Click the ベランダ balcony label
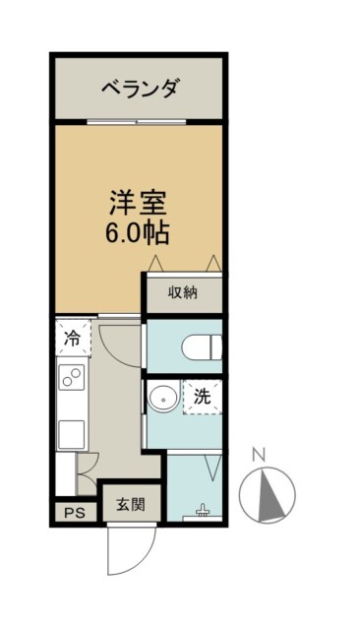tap(139, 88)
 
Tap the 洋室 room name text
tap(138, 203)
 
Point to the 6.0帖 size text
tap(138, 232)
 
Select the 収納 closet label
tap(183, 293)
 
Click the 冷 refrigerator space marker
tap(73, 339)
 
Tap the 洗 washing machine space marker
tap(203, 396)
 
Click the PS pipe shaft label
tap(75, 513)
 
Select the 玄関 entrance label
tap(131, 505)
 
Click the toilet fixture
tap(202, 347)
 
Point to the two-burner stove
tap(72, 377)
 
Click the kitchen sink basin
tap(72, 434)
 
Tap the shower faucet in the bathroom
tap(203, 510)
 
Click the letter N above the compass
tap(259, 455)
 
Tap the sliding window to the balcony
tap(137, 122)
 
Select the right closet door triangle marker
tap(213, 264)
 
